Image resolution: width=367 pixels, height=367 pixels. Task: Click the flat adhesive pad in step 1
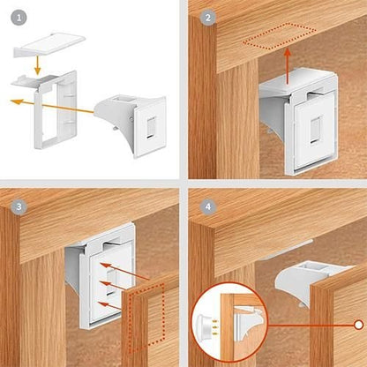coord(50,40)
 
